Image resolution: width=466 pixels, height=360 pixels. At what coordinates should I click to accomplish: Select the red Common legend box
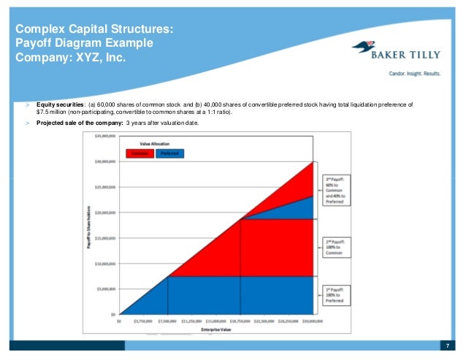139,153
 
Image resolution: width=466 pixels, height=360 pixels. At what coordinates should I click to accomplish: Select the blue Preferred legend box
168,153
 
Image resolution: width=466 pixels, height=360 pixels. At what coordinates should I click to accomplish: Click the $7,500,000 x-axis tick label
168,321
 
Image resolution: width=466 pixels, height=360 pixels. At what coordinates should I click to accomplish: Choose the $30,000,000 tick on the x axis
313,321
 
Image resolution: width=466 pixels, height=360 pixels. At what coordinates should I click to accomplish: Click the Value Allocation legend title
154,145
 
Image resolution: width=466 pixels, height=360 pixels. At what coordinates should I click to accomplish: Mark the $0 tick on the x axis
120,321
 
